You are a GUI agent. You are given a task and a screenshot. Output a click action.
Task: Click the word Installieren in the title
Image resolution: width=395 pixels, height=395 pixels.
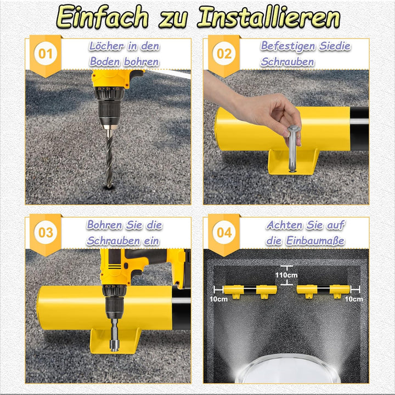269,16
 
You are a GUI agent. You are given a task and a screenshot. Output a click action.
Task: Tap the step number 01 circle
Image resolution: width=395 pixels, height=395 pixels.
46,54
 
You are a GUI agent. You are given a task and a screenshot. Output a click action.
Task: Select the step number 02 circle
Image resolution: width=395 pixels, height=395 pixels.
224,54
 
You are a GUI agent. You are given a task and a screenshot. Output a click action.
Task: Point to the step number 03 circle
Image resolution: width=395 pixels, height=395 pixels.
46,232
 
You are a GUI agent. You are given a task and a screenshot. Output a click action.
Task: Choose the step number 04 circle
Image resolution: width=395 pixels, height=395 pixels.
224,232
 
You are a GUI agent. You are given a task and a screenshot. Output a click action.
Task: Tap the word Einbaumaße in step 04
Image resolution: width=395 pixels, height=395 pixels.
315,241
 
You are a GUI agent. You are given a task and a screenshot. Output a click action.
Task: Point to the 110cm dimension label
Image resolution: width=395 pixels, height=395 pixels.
286,275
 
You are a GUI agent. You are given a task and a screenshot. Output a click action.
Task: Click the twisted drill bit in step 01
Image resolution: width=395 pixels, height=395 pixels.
109,158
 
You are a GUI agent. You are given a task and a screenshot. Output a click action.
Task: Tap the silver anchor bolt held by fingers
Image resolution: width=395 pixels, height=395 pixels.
293,149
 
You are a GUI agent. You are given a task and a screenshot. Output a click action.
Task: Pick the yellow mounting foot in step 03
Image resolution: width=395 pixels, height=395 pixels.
115,341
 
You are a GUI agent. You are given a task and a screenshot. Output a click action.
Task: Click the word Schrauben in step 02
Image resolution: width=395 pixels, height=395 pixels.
287,62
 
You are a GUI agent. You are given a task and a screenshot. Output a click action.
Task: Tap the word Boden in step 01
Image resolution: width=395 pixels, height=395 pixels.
105,62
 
